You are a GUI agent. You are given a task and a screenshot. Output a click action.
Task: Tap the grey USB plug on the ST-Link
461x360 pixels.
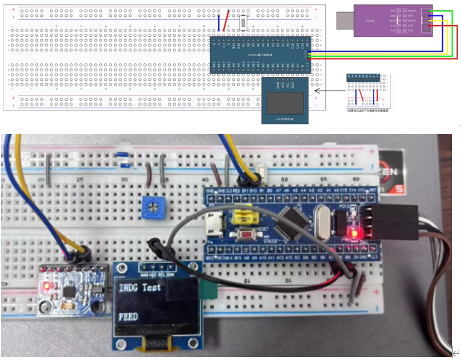(x=345, y=21)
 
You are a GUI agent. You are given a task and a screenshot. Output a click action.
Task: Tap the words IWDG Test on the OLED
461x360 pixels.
(x=140, y=288)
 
